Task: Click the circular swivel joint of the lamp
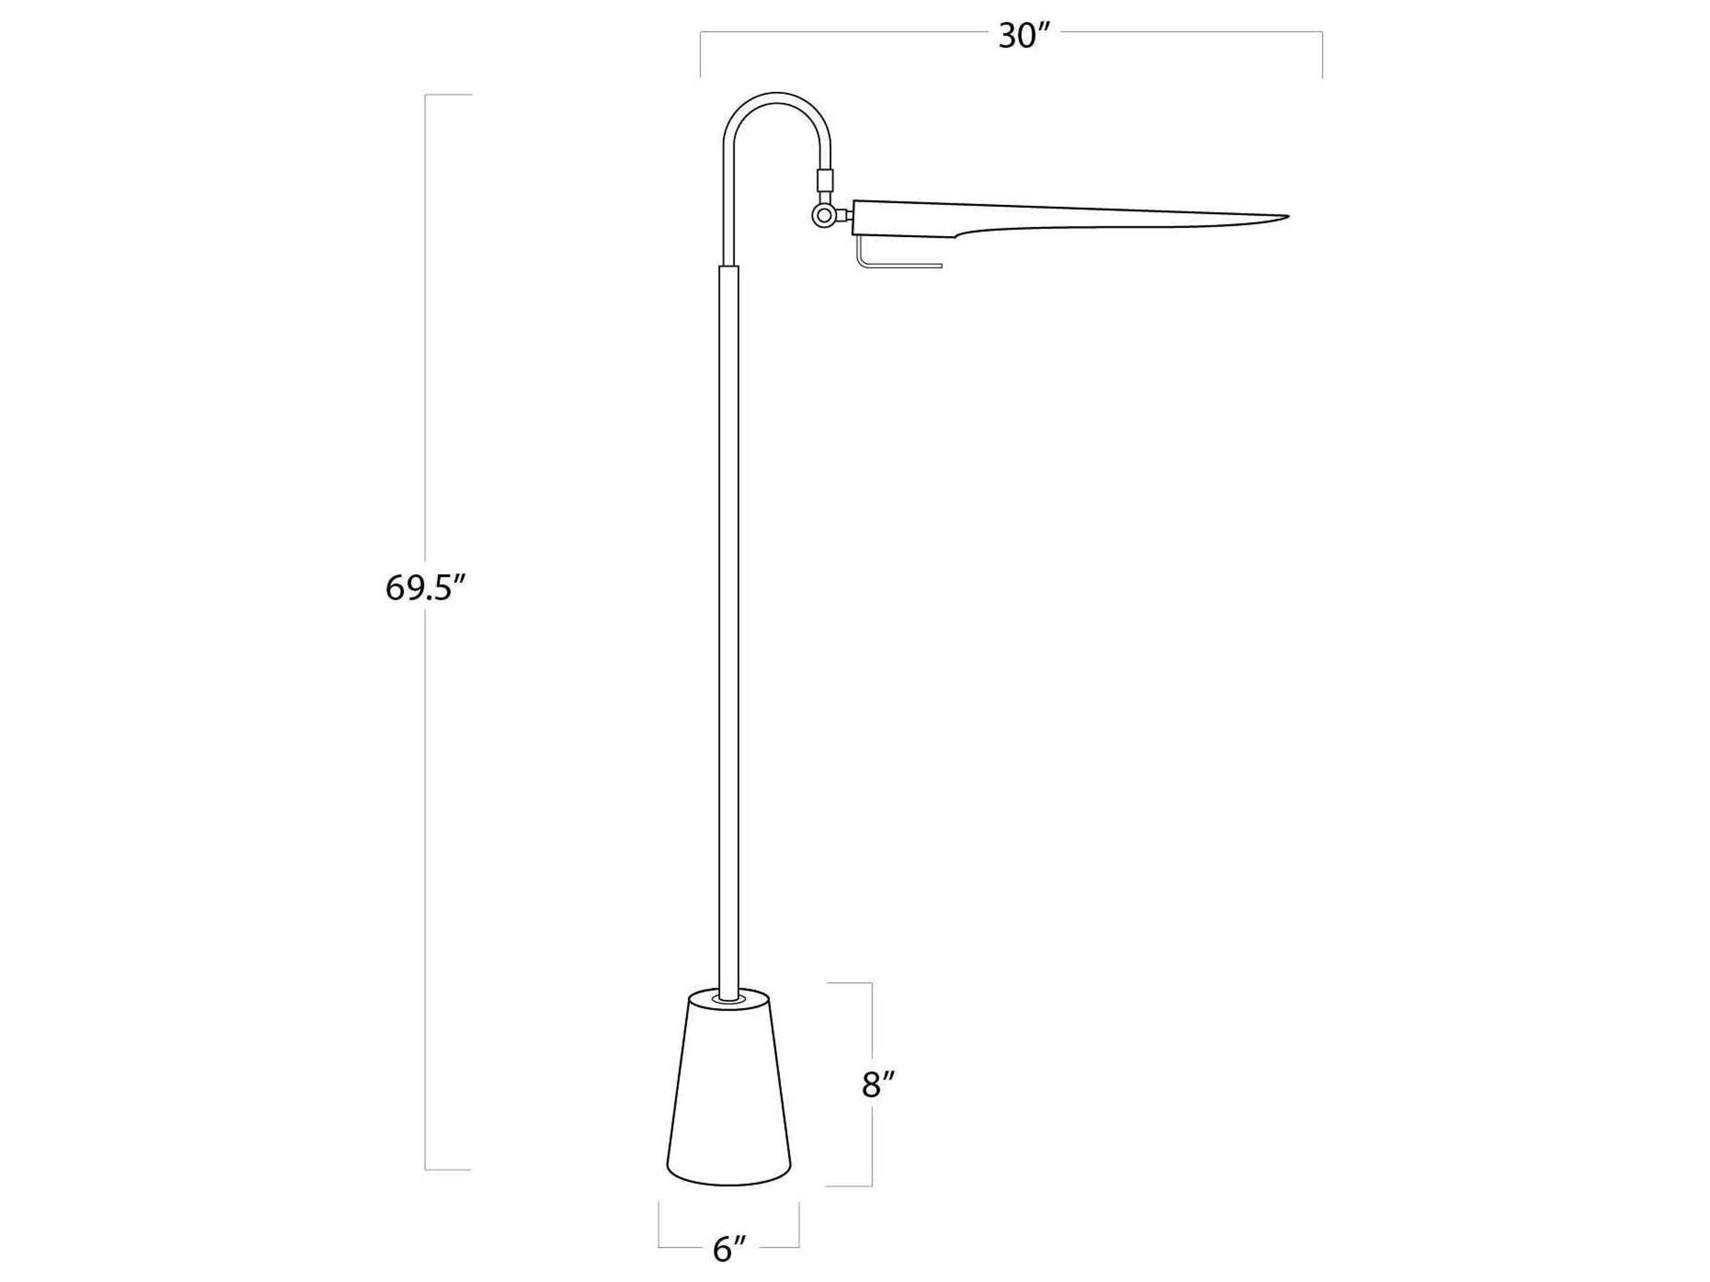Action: click(x=825, y=215)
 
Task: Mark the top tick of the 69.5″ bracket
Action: click(x=448, y=95)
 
